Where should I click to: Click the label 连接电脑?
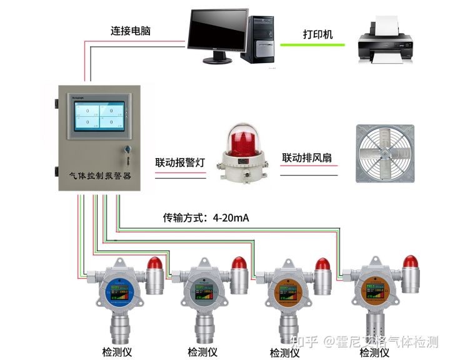coord(131,30)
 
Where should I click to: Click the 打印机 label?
coord(317,33)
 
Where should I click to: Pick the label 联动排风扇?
coord(309,157)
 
